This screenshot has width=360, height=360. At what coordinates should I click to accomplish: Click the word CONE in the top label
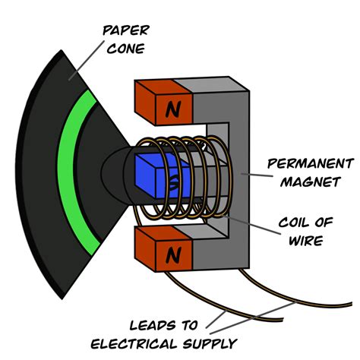tap(125, 51)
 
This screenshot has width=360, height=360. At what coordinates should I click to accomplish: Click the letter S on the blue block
tap(174, 182)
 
